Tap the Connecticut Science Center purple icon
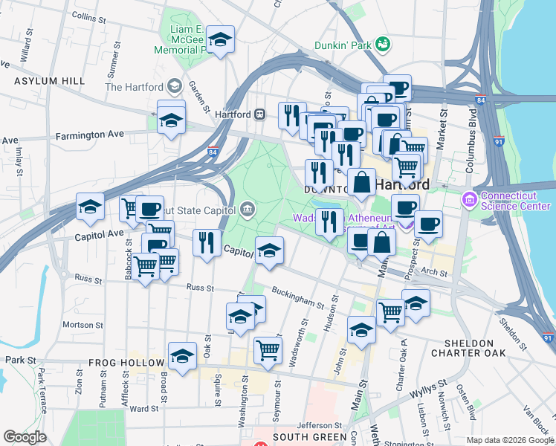pos(469,199)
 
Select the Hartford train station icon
pos(260,114)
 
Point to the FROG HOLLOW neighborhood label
pos(126,363)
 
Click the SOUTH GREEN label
pos(309,437)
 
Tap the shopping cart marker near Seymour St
pos(268,350)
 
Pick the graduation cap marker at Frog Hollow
pos(182,356)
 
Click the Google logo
pos(25,438)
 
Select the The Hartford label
pos(134,87)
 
